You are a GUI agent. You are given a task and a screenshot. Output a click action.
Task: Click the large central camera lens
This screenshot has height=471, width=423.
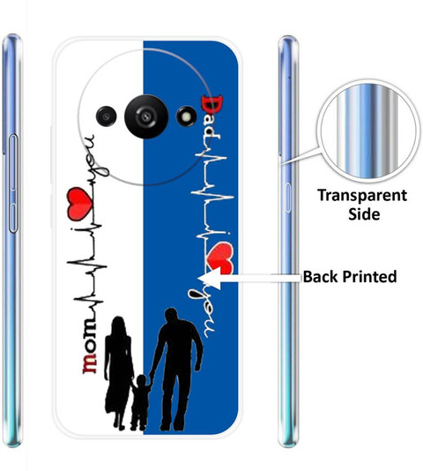click(x=146, y=116)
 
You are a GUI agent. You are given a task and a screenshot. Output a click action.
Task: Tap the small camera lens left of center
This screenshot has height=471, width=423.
click(x=107, y=116)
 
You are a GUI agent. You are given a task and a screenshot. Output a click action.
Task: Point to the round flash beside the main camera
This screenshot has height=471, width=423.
click(x=187, y=116)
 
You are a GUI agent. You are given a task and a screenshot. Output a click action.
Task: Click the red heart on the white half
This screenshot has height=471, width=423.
click(x=78, y=204)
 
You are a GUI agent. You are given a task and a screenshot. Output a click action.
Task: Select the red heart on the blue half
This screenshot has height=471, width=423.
click(x=220, y=259)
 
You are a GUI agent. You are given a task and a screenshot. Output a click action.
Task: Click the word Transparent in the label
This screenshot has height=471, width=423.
click(x=362, y=196)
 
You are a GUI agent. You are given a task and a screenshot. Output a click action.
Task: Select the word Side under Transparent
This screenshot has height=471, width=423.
click(x=364, y=214)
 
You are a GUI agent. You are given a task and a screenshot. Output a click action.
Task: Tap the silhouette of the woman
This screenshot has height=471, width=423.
click(x=118, y=372)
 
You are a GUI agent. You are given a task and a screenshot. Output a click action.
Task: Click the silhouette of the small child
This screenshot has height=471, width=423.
click(x=140, y=402)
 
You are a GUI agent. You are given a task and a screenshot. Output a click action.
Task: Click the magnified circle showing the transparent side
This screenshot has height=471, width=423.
click(x=368, y=131)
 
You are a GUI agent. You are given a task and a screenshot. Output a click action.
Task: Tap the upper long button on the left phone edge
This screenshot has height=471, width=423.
click(x=13, y=162)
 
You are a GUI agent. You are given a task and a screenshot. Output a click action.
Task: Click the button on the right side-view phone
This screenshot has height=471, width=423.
click(x=287, y=198)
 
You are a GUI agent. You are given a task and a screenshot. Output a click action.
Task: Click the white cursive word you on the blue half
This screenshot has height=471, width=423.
click(x=202, y=313)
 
